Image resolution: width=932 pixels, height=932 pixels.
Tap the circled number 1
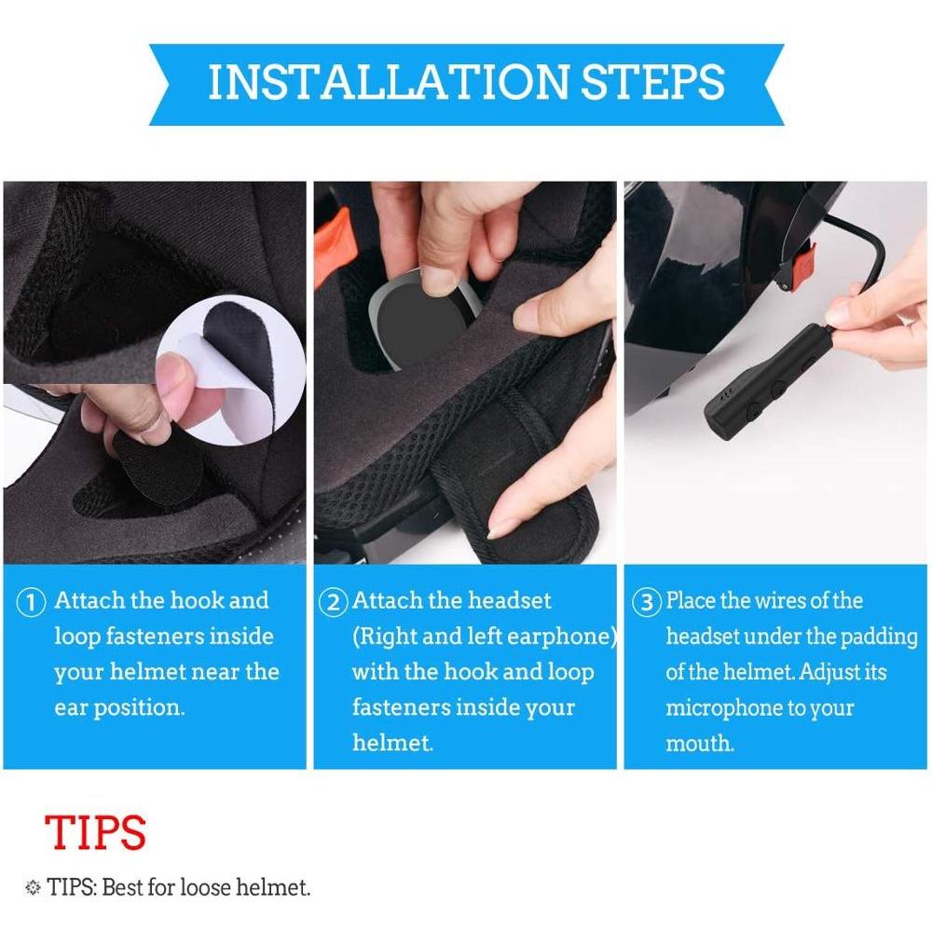31,602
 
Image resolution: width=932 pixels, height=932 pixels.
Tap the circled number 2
333,602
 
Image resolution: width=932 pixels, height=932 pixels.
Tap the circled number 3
646,602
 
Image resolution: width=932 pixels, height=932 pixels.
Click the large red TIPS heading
95,831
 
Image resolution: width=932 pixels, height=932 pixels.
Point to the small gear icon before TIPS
33,888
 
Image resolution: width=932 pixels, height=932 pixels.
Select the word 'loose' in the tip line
205,887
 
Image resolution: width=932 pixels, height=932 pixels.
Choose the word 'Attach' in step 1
89,600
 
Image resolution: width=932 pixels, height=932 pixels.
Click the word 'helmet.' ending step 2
392,743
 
